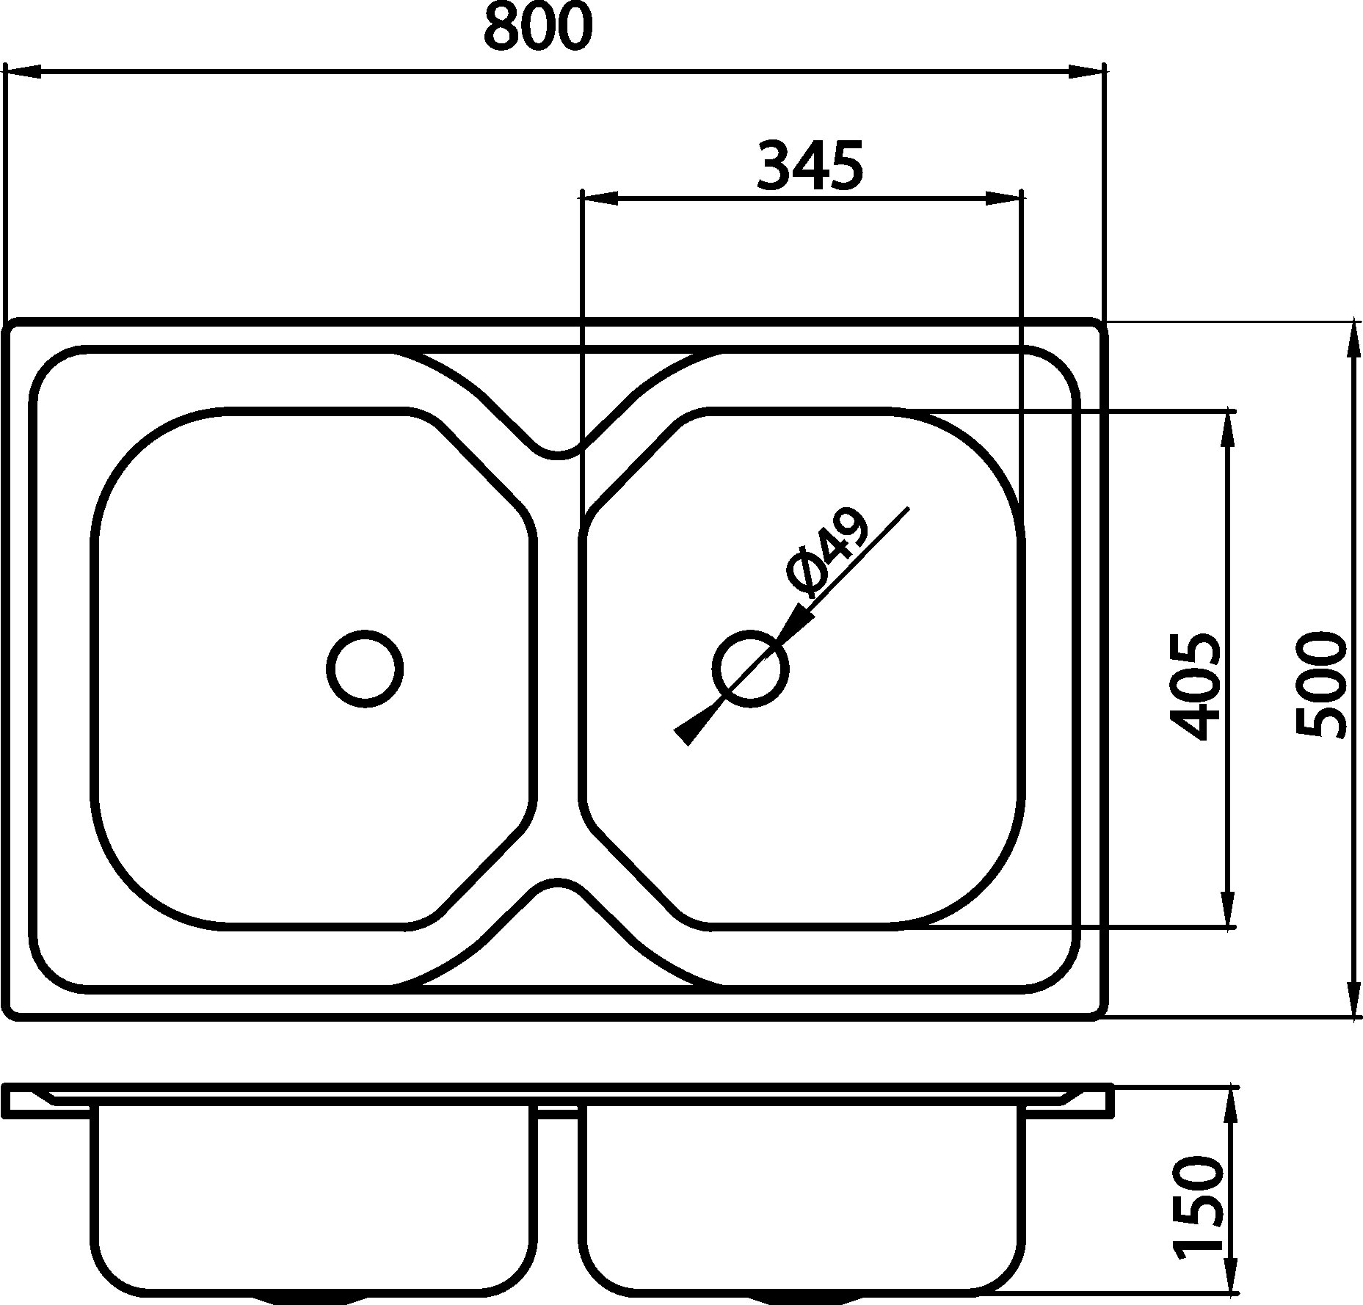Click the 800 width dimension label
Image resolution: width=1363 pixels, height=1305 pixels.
pyautogui.click(x=538, y=27)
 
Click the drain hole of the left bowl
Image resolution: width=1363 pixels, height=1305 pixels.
pyautogui.click(x=365, y=669)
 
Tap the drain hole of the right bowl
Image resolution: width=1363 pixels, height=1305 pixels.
pyautogui.click(x=750, y=669)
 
